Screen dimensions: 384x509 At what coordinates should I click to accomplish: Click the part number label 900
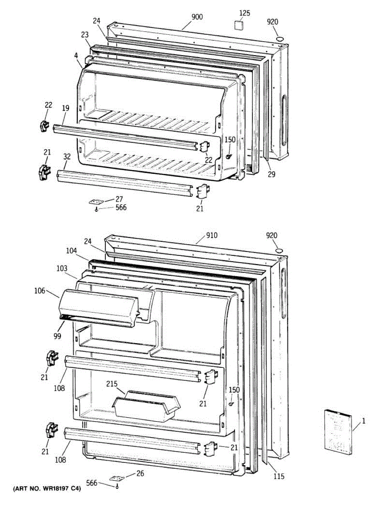[x=197, y=17]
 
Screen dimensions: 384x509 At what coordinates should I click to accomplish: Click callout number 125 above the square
[x=245, y=13]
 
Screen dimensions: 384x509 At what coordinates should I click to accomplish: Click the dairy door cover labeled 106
[x=98, y=307]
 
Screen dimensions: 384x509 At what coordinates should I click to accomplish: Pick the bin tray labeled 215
[x=146, y=406]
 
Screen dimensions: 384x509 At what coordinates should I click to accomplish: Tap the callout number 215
[x=112, y=384]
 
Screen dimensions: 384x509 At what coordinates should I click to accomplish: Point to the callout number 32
[x=66, y=156]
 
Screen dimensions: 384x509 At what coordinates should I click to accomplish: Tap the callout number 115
[x=278, y=476]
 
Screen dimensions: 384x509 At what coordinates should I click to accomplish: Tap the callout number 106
[x=39, y=291]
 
